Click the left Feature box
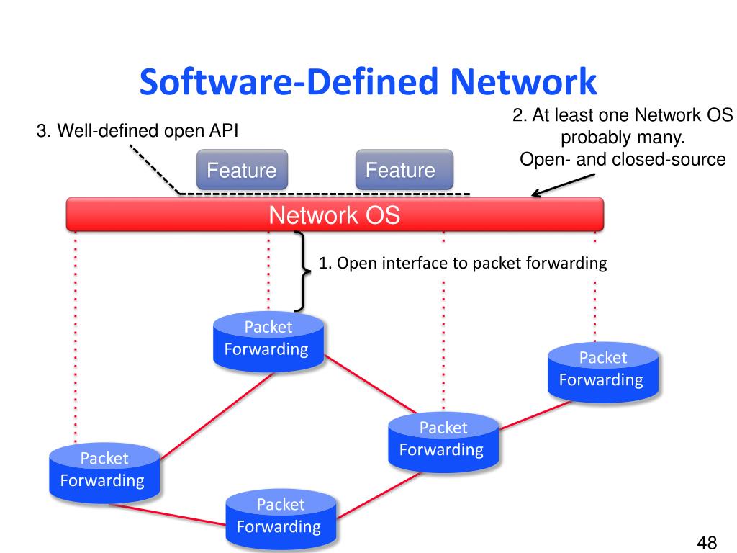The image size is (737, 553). [242, 171]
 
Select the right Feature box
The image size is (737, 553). [404, 170]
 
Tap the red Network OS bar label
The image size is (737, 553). [334, 215]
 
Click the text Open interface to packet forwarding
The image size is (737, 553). [463, 263]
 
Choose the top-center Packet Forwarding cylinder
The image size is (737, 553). [268, 343]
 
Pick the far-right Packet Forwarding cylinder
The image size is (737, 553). [602, 372]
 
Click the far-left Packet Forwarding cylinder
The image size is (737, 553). [104, 472]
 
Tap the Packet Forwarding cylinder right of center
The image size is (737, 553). [442, 441]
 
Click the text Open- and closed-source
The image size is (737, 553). [623, 159]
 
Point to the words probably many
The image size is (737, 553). [622, 138]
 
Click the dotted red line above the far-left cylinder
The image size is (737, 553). [75, 338]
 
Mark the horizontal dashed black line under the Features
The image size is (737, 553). [324, 194]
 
